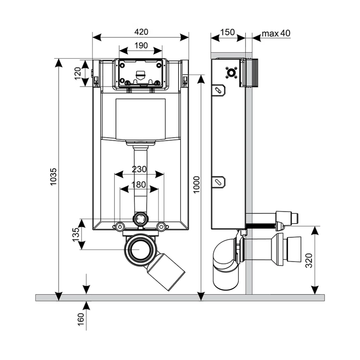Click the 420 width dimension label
point(141,32)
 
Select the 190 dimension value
point(141,45)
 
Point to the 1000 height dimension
point(197,185)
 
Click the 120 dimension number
point(78,73)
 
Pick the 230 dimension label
point(139,169)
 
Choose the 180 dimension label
point(139,184)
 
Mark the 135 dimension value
point(76,234)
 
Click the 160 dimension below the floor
point(81,319)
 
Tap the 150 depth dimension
point(227,32)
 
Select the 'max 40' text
point(276,33)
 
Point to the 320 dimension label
point(309,261)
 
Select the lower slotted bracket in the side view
point(219,182)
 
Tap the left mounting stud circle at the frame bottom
point(120,227)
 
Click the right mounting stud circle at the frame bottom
point(161,227)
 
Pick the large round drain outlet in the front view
point(139,249)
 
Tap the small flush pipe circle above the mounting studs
point(140,219)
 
